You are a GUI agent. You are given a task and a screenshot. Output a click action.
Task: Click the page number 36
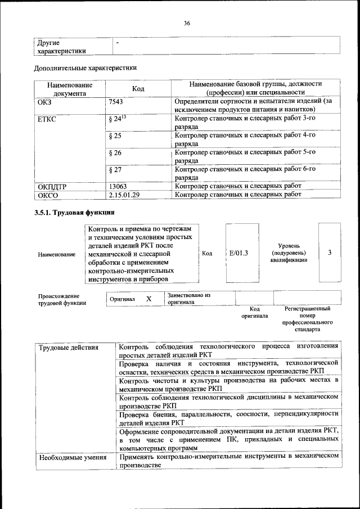(187, 23)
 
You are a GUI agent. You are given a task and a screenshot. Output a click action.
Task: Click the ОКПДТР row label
(52, 186)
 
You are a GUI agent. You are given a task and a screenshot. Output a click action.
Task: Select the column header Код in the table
(138, 88)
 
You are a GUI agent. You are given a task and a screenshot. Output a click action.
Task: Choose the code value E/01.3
(239, 254)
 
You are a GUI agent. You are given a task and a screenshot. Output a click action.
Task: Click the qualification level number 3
(330, 253)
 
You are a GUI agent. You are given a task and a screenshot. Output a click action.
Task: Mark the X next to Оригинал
(148, 299)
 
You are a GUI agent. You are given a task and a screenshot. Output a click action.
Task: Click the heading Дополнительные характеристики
(85, 68)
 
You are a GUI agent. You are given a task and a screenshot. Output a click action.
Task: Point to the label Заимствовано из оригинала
(188, 298)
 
